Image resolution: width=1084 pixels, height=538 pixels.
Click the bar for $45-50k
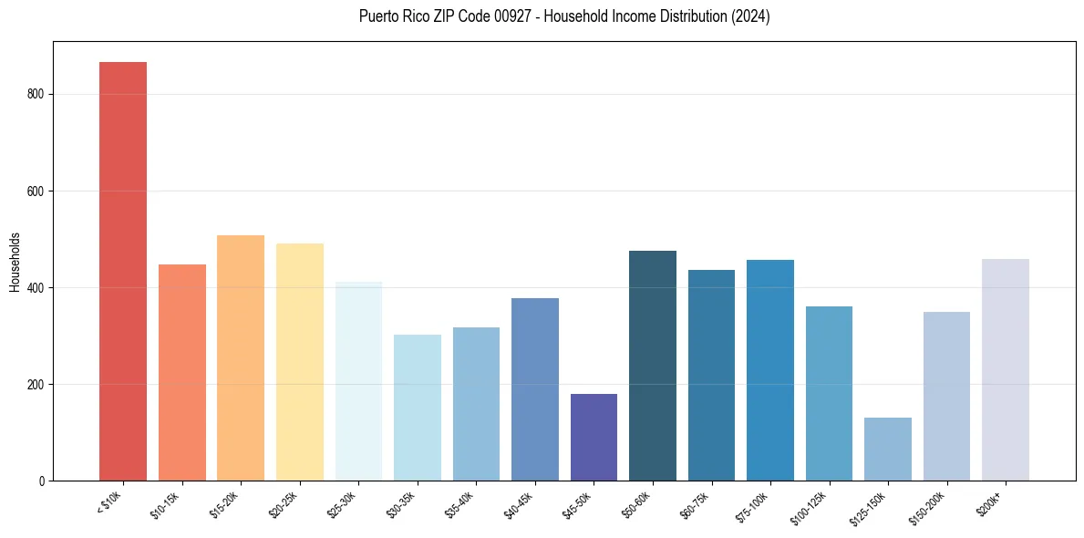tap(594, 437)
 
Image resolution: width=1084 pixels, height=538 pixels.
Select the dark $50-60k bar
tap(653, 366)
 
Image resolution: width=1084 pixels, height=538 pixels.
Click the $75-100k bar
tap(770, 370)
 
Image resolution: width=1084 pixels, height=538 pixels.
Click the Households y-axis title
tap(15, 262)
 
